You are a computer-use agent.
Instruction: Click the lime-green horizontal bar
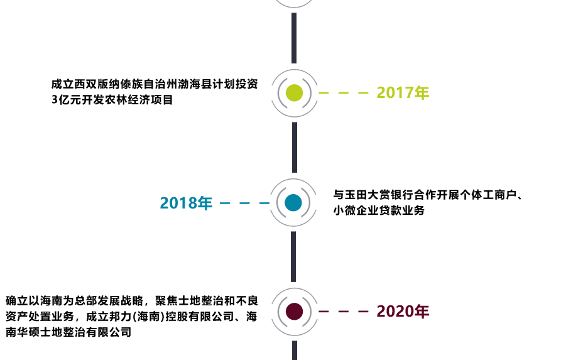pyautogui.click(x=364, y=92)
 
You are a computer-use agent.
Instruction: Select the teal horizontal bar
pyautogui.click(x=214, y=202)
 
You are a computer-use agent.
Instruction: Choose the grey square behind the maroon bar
pyautogui.click(x=278, y=330)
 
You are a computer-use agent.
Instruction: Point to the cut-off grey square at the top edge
pyautogui.click(x=295, y=4)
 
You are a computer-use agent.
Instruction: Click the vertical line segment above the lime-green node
pyautogui.click(x=294, y=29)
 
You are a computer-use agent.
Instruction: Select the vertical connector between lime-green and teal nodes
pyautogui.click(x=294, y=147)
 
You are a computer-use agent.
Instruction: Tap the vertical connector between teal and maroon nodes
pyautogui.click(x=293, y=256)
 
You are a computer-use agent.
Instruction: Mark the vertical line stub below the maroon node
pyautogui.click(x=294, y=350)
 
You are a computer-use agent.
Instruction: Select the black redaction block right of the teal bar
pyautogui.click(x=427, y=202)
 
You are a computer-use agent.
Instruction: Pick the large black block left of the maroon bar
pyautogui.click(x=132, y=316)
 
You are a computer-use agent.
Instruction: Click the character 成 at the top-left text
pyautogui.click(x=55, y=84)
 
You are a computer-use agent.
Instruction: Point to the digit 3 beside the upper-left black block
pyautogui.click(x=55, y=99)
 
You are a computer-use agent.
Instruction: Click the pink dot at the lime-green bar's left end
pyautogui.click(x=285, y=93)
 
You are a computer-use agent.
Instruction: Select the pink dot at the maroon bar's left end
pyautogui.click(x=285, y=311)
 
